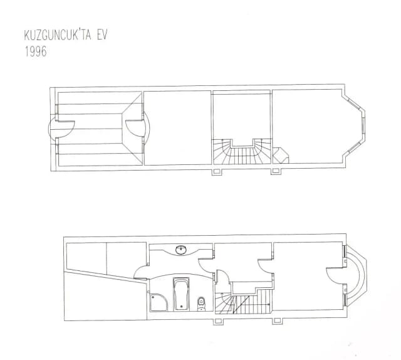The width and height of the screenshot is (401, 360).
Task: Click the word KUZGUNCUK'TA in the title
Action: [58, 35]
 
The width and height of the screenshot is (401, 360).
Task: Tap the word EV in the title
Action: [102, 35]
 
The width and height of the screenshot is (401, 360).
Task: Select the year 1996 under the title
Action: [36, 51]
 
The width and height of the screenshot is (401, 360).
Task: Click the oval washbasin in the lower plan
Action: [181, 250]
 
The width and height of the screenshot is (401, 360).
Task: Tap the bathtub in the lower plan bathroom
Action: [181, 294]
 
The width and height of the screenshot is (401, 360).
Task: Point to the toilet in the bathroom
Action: [202, 304]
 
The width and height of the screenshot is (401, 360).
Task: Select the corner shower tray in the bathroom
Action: [159, 302]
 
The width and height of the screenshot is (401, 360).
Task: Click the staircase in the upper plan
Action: [242, 152]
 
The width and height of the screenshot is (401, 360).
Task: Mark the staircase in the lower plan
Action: [243, 301]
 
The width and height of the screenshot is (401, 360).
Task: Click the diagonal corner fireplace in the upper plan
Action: [281, 156]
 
